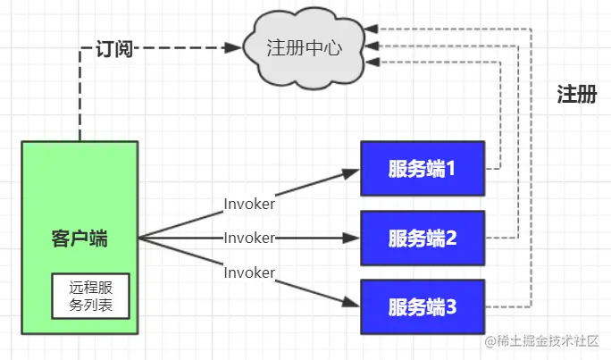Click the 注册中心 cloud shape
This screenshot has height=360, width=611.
pos(303,46)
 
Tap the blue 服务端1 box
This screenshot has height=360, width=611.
pos(423,168)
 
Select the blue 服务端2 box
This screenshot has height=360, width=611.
pos(423,238)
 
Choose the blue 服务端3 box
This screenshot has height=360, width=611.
pos(423,307)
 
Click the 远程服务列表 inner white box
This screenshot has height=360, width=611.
pos(90,297)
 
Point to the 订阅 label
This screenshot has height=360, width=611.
pos(114,48)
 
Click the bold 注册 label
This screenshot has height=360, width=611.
pos(576,96)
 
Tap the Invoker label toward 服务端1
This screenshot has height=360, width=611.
pos(249,204)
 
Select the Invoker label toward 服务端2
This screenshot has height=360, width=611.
pos(249,239)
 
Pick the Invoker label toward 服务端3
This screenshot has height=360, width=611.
pos(249,271)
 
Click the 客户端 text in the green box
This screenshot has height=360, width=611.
pos(80,239)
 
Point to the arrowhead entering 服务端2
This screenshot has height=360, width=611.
pos(353,239)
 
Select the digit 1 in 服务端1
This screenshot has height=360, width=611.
pos(451,168)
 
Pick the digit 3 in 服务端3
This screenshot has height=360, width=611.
pos(451,307)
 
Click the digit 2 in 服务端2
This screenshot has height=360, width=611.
pos(451,238)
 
